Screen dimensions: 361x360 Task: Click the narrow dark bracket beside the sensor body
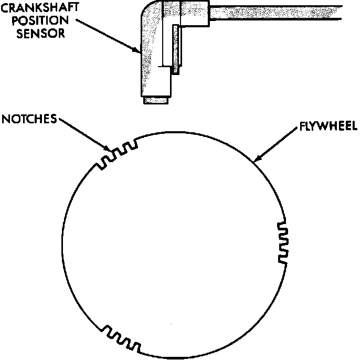tap(176, 50)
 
